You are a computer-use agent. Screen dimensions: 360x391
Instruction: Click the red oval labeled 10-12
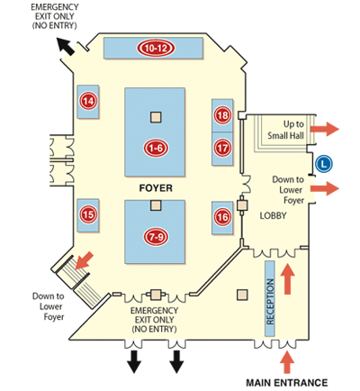(x=156, y=48)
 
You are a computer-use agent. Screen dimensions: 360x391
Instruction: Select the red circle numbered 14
(x=88, y=101)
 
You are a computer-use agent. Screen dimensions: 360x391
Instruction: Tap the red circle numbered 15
(x=88, y=214)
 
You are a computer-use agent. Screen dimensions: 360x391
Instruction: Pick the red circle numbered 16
(x=222, y=217)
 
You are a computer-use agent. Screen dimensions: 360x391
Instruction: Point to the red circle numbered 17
(x=222, y=148)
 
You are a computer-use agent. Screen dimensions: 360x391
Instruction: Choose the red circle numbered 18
(x=222, y=115)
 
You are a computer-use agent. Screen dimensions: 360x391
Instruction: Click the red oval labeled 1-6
(x=156, y=148)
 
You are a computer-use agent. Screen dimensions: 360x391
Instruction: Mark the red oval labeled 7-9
(x=156, y=237)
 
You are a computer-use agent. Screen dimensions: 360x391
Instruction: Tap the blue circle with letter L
(x=324, y=164)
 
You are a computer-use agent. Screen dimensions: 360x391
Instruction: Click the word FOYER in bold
(x=156, y=188)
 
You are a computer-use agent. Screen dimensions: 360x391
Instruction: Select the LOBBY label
(x=273, y=215)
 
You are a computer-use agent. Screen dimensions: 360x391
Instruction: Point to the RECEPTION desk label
(x=270, y=302)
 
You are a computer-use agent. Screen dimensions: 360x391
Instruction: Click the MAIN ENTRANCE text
(x=287, y=383)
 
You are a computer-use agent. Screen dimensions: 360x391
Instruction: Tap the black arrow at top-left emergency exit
(x=66, y=47)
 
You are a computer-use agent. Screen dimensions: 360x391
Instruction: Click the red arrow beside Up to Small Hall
(x=325, y=129)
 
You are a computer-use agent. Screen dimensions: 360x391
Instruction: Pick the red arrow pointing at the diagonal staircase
(x=85, y=260)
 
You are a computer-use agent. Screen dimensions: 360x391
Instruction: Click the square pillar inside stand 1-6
(x=156, y=117)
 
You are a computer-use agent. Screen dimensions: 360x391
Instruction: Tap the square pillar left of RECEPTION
(x=242, y=295)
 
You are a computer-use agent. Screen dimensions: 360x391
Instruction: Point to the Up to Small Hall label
(x=286, y=130)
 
